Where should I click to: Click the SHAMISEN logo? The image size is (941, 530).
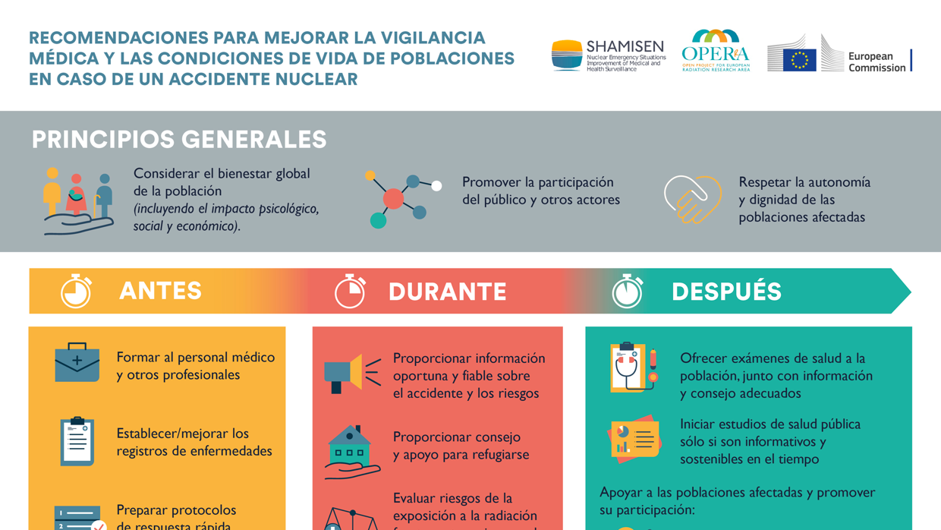tap(608, 55)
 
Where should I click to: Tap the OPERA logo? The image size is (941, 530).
tap(715, 51)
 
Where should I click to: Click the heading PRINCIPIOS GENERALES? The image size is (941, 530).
tap(179, 140)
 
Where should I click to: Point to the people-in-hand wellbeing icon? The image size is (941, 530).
tap(78, 201)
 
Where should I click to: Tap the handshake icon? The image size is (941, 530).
tap(692, 199)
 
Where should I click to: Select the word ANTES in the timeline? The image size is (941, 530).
tap(161, 291)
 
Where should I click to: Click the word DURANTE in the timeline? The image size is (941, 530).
tap(447, 292)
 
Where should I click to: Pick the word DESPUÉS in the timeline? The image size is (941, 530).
tap(726, 292)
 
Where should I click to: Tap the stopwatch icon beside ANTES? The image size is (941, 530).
tap(76, 291)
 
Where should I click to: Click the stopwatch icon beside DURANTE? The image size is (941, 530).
tap(350, 292)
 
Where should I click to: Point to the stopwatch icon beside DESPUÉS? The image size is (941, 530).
tap(628, 292)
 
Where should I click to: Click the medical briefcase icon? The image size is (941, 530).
tap(77, 363)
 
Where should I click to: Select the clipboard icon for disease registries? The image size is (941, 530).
tap(77, 440)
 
